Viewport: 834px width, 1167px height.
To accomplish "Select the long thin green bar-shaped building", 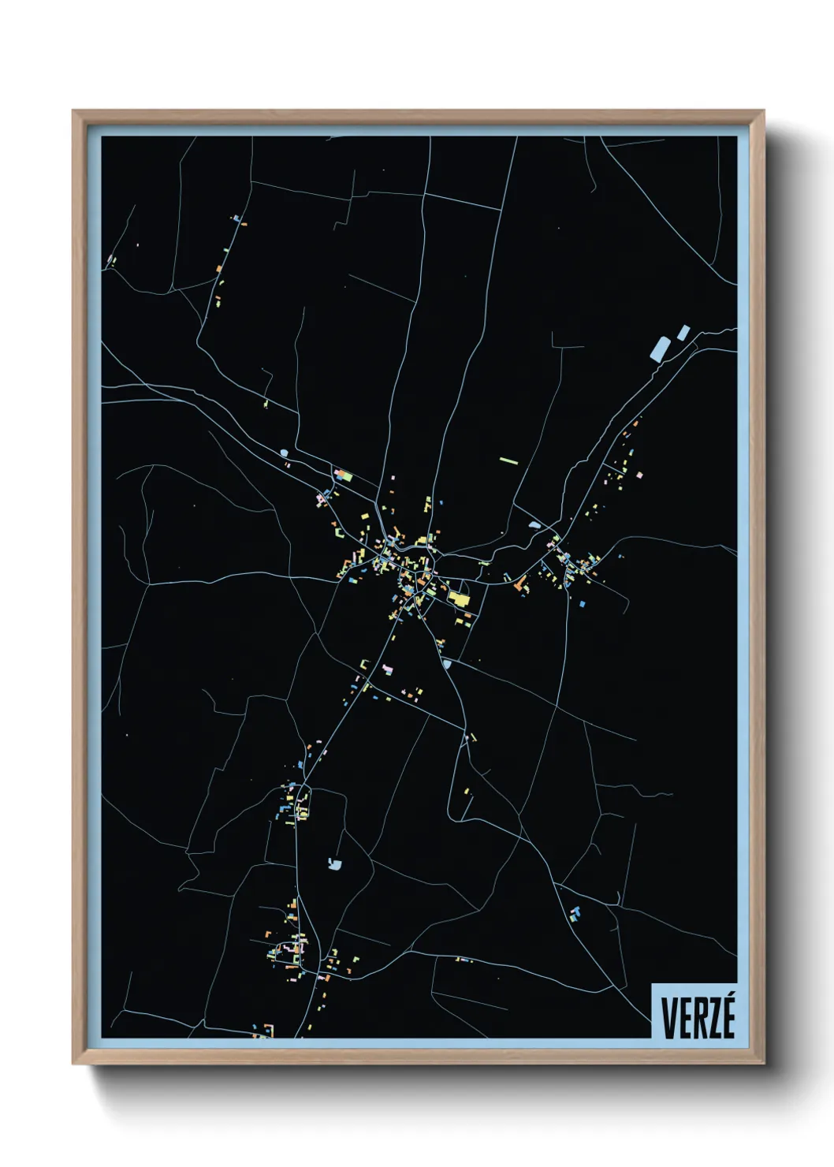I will coord(508,460).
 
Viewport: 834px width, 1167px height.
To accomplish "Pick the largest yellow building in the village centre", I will coord(458,598).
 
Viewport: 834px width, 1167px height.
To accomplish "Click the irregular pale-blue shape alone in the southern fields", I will coord(335,864).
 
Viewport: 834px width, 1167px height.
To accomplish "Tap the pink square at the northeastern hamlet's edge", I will coord(639,475).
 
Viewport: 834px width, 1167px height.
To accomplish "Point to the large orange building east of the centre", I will coord(519,584).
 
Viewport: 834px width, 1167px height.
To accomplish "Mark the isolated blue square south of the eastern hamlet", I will coord(582,604).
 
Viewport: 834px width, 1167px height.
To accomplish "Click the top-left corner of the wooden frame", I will coord(73,111).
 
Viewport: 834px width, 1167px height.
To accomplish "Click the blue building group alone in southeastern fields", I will coord(575,913).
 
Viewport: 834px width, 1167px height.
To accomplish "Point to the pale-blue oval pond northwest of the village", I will coord(283,453).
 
